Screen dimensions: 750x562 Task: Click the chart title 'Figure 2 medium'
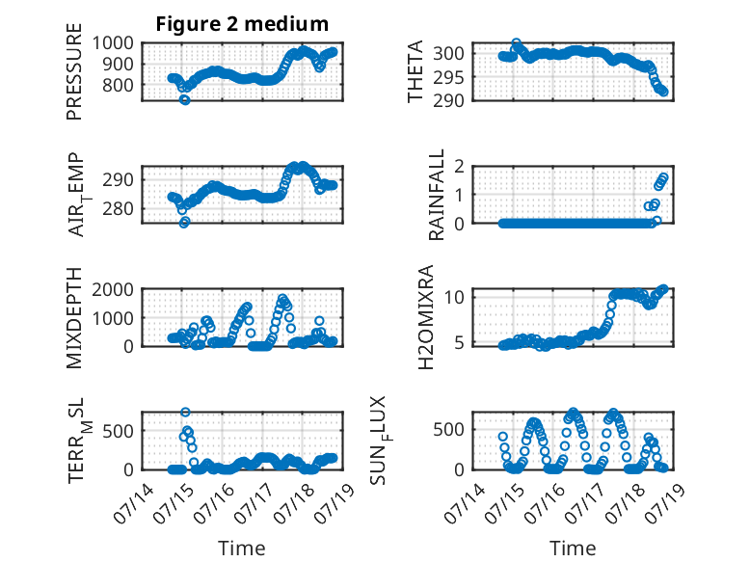[x=242, y=24]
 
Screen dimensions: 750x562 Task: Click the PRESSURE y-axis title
[x=74, y=71]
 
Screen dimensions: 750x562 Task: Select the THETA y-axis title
[x=415, y=71]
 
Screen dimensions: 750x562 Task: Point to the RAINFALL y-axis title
[x=437, y=194]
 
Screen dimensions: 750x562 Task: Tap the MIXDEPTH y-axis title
[x=74, y=317]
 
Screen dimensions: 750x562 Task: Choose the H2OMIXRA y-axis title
[x=425, y=317]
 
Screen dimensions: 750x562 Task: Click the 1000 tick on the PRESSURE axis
[x=113, y=43]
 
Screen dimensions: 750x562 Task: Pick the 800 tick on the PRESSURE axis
[x=118, y=85]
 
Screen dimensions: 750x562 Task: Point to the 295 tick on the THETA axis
[x=448, y=76]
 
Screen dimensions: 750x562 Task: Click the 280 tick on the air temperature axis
[x=118, y=208]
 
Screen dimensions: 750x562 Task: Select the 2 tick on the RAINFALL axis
[x=459, y=166]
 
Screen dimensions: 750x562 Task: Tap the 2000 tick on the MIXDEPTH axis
[x=113, y=289]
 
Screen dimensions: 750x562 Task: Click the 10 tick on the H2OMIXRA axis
[x=454, y=297]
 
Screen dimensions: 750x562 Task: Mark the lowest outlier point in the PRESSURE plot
[x=185, y=100]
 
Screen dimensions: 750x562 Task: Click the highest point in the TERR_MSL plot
[x=186, y=412]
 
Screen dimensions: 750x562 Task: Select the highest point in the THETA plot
[x=516, y=43]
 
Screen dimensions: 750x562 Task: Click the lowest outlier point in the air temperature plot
[x=184, y=222]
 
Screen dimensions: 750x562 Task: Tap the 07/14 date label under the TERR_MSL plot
[x=133, y=503]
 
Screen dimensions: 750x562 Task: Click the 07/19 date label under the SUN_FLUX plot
[x=665, y=503]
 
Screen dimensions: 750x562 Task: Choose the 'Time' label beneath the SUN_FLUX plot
[x=573, y=549]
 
